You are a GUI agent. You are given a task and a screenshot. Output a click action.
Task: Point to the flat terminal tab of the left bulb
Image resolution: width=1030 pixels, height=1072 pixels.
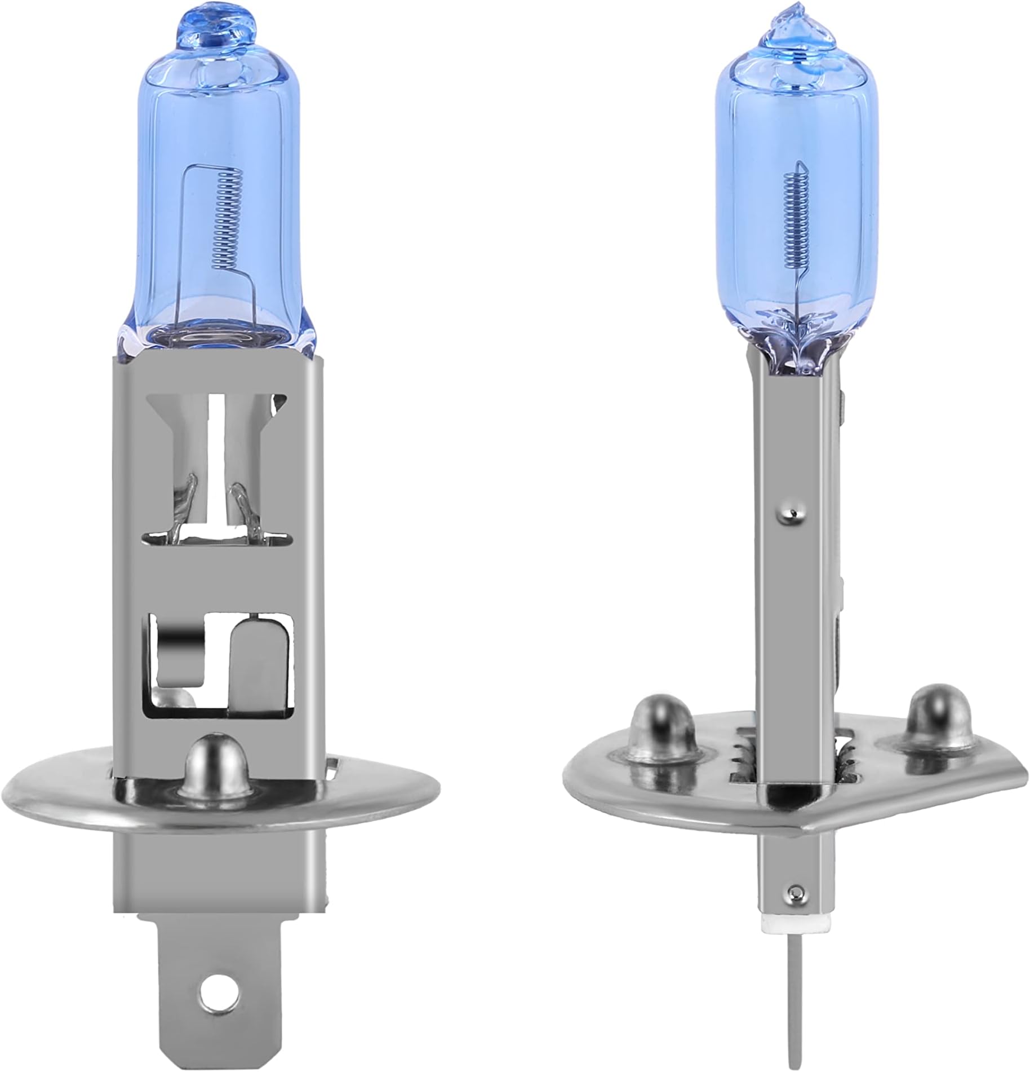click(216, 981)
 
